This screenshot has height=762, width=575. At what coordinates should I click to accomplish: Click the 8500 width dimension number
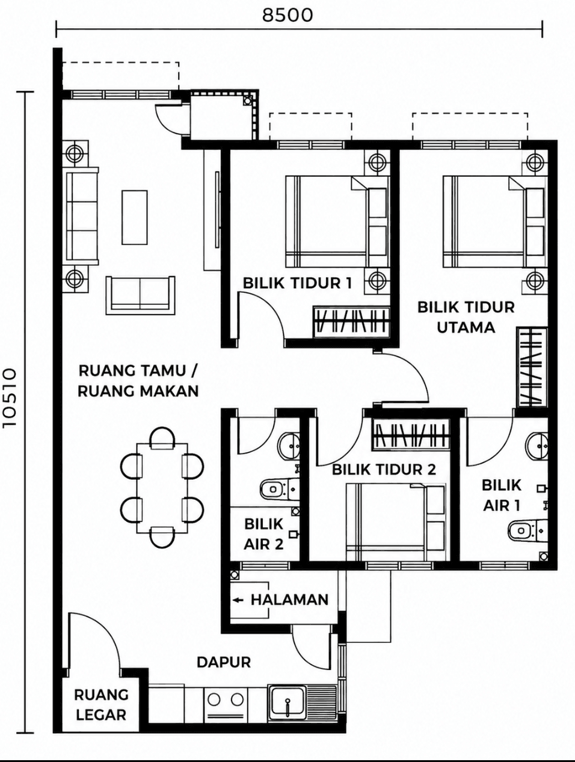[287, 15]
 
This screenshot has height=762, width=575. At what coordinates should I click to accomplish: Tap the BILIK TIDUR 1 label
[297, 283]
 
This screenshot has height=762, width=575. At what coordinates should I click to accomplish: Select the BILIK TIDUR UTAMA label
[466, 318]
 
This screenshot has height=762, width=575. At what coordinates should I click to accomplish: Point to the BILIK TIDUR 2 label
[384, 470]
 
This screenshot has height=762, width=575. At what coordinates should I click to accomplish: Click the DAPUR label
[224, 662]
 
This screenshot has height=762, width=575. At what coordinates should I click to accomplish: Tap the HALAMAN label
[289, 600]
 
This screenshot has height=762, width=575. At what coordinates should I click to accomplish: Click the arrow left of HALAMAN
[238, 600]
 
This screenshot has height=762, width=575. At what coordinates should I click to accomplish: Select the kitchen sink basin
[287, 705]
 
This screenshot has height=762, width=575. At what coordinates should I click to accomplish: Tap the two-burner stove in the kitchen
[226, 705]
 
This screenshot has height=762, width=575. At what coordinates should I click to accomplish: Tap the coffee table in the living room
[134, 217]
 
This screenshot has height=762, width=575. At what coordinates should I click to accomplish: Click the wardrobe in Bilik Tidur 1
[351, 322]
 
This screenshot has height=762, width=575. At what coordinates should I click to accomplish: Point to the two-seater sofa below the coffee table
[140, 295]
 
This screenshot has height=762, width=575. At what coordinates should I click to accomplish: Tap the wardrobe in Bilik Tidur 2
[411, 435]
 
